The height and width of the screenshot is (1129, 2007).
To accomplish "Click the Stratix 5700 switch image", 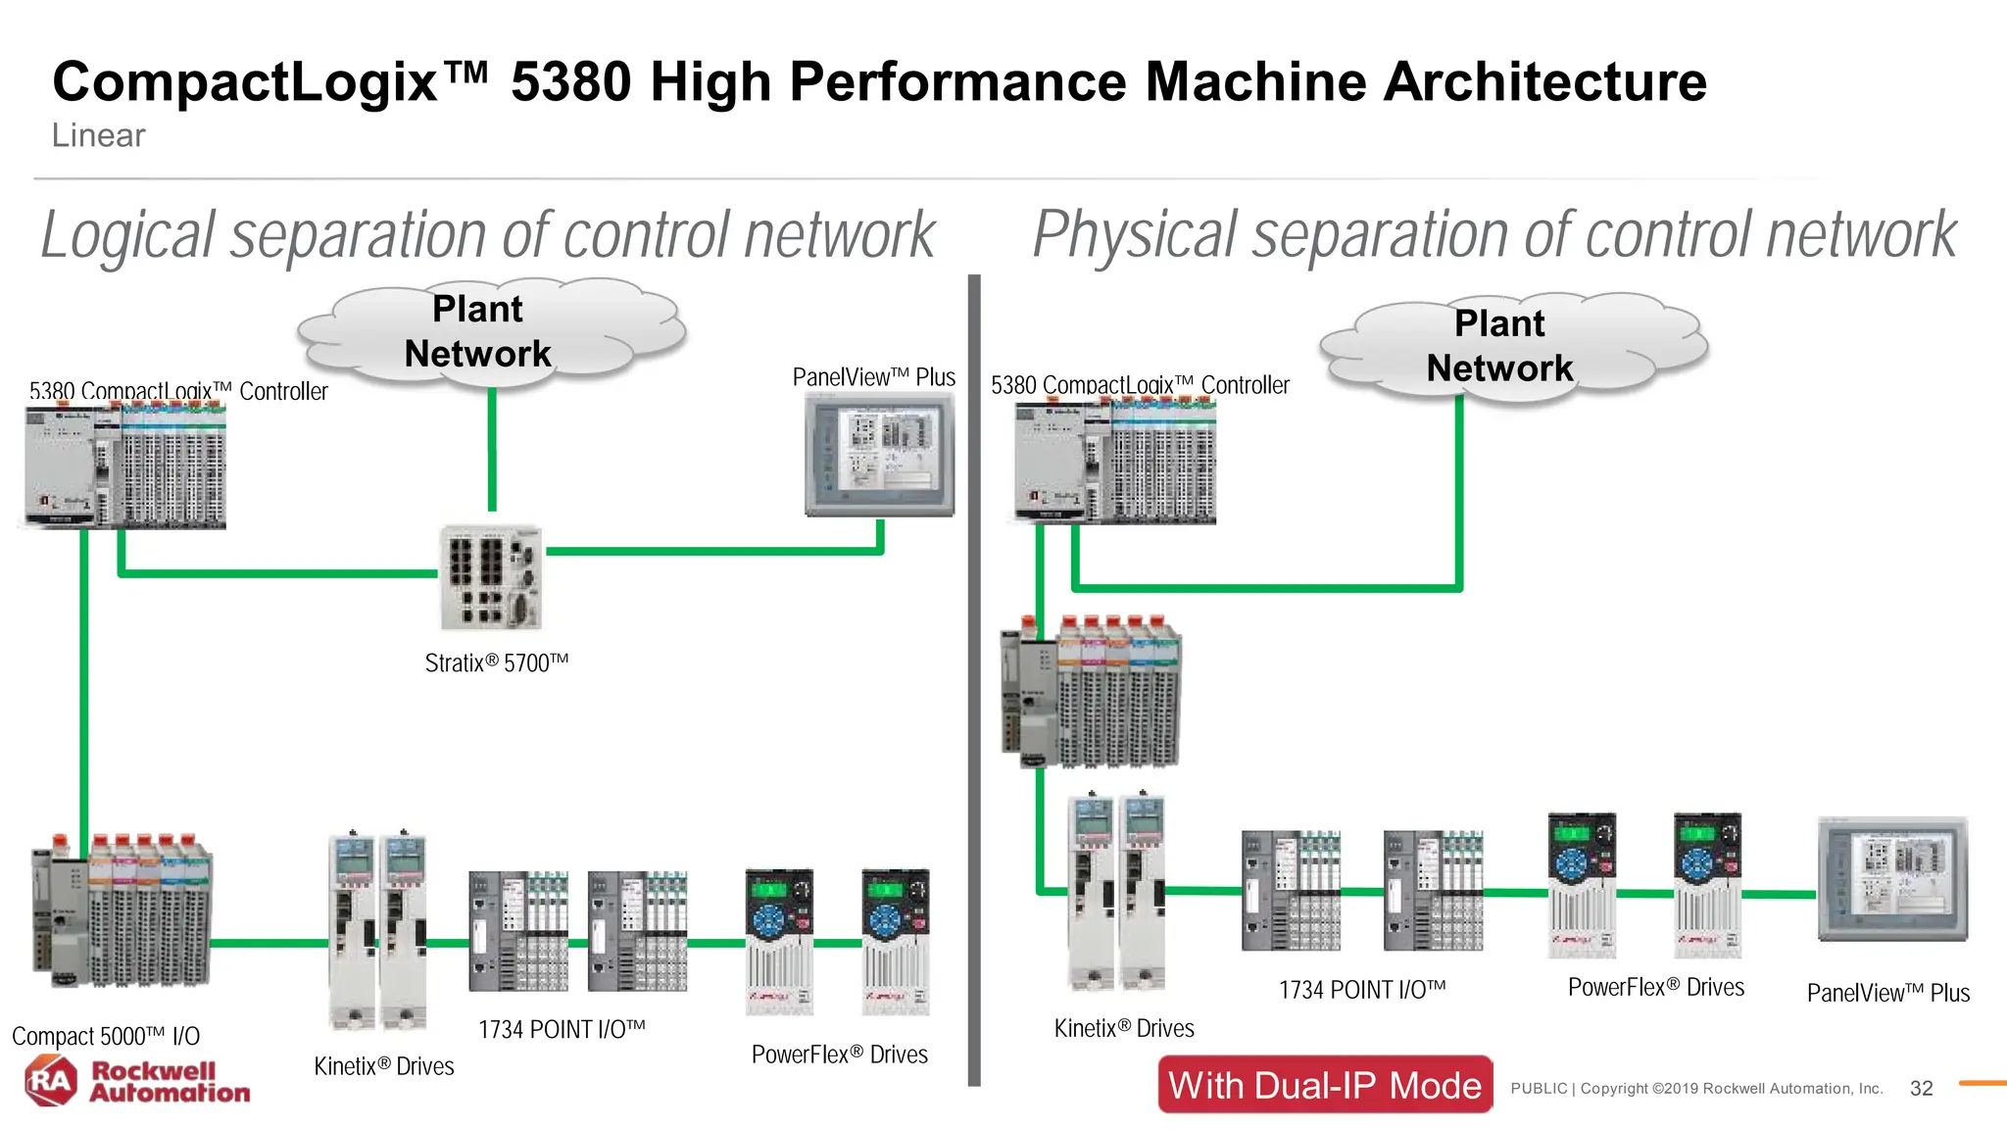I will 490,576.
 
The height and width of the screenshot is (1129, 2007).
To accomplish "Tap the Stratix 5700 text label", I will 496,663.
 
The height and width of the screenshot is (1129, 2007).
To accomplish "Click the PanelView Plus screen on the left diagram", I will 879,453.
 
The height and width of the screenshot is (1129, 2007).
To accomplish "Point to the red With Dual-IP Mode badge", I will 1325,1085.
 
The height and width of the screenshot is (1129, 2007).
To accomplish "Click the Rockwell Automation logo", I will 137,1081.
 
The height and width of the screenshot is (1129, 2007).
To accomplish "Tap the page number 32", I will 1921,1089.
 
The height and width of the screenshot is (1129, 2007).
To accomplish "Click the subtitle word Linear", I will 98,135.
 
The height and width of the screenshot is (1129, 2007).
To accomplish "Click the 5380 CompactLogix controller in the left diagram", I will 125,466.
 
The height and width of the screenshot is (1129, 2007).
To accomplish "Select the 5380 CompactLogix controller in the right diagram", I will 1115,462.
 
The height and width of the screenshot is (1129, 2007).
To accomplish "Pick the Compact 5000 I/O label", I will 106,1036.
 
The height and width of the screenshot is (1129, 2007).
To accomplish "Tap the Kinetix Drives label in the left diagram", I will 383,1066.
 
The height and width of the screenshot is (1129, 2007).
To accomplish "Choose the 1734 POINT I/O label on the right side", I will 1361,990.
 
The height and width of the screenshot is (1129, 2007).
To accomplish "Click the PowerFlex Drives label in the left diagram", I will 839,1055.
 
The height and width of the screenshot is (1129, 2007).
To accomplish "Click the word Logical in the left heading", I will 127,236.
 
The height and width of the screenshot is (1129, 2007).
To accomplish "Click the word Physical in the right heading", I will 1135,236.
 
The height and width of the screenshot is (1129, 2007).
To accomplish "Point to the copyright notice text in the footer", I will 1695,1089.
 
